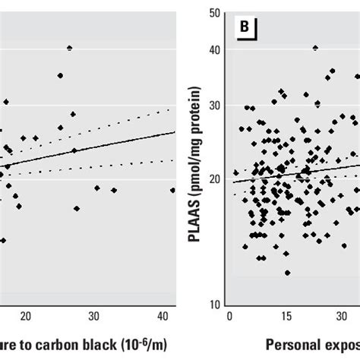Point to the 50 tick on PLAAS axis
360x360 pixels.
[216, 14]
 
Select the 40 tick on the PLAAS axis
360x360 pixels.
[216, 49]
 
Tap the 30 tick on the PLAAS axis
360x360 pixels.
[216, 106]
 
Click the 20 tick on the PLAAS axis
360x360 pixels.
[216, 178]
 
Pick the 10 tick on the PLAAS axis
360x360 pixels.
[216, 303]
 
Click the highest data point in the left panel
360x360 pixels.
[69, 48]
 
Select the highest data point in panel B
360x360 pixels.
[315, 48]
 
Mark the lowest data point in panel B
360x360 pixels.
[287, 273]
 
